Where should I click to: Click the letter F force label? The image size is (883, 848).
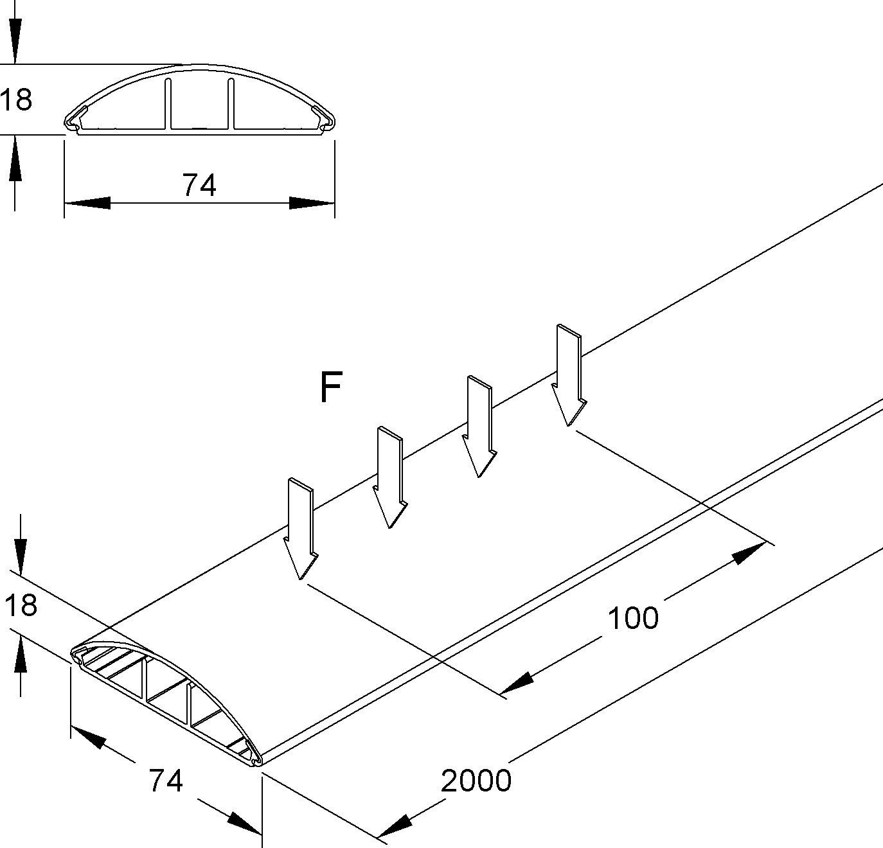click(x=330, y=387)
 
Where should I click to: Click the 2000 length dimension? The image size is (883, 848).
click(x=476, y=781)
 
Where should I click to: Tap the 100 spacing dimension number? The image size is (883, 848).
click(x=633, y=618)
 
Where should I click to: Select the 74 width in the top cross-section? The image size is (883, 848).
click(x=199, y=185)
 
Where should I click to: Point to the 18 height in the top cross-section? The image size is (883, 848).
click(x=15, y=100)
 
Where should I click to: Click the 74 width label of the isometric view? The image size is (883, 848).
click(x=166, y=781)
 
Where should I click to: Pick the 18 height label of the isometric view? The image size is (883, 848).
click(x=21, y=605)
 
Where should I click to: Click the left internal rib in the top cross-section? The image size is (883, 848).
click(x=168, y=104)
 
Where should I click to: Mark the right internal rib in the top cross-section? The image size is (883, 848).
click(x=231, y=104)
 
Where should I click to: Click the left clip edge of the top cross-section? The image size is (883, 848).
click(x=73, y=121)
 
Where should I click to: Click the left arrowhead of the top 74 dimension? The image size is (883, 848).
click(x=87, y=203)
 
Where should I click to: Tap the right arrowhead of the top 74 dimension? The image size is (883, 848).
click(x=312, y=203)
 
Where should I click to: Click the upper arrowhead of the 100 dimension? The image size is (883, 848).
click(x=749, y=553)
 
